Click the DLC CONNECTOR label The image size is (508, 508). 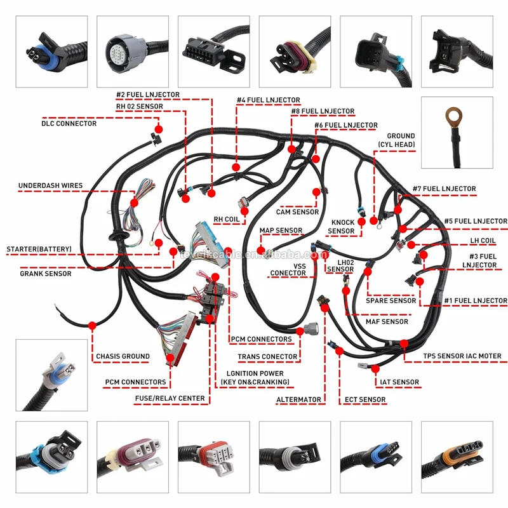tap(69, 123)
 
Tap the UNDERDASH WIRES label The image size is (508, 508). tap(50, 186)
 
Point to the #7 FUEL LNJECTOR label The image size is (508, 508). tap(444, 189)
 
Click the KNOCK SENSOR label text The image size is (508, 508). tap(342, 227)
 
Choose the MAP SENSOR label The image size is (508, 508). tap(281, 231)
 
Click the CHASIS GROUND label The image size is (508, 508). tap(123, 356)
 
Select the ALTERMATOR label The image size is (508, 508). tap(300, 400)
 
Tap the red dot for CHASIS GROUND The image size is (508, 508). tap(93, 324)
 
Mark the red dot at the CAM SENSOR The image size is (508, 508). tap(316, 191)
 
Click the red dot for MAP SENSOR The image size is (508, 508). tap(260, 249)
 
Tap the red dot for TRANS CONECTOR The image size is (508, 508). tap(300, 331)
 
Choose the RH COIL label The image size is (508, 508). tap(226, 220)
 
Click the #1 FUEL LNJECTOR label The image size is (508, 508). tap(476, 300)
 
